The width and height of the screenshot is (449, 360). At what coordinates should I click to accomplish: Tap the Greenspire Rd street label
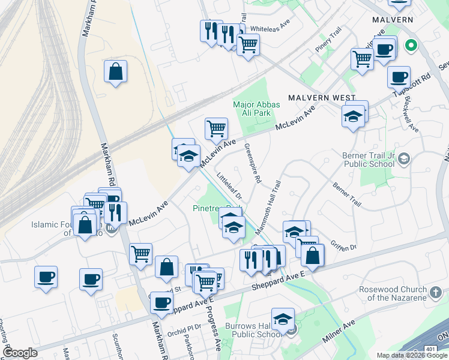[x=253, y=163]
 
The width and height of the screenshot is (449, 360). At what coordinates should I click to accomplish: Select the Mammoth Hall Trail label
[x=268, y=208]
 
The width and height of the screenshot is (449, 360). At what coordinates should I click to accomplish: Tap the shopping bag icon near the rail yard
[x=115, y=71]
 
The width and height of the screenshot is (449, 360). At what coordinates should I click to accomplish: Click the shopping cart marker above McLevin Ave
[x=216, y=128]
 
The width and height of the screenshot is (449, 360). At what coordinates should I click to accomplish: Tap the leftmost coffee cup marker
[x=46, y=278]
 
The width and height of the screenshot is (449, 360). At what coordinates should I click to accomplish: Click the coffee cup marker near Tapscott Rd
[x=399, y=77]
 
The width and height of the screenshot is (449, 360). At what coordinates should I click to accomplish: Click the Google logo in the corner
[x=20, y=353]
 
